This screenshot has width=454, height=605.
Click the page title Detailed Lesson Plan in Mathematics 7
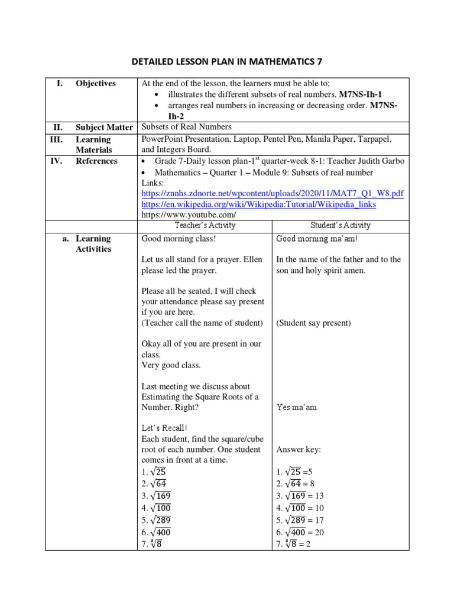coord(226,61)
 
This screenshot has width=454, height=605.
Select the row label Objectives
coord(95,83)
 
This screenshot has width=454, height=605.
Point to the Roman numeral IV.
coord(59,161)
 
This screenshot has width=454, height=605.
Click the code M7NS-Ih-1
coord(367,95)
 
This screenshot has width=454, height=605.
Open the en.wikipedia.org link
coord(259,204)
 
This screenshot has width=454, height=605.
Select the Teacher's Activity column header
coord(205,225)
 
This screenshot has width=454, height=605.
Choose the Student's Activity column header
coord(340,225)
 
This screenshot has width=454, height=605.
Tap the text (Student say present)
coord(313,323)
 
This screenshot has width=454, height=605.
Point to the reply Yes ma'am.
coord(297,407)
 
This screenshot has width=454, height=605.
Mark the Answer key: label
coord(299,449)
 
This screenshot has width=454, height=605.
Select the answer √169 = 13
coord(300,495)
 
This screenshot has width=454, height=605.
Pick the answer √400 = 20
coord(300,532)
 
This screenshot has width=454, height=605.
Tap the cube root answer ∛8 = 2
coord(293,544)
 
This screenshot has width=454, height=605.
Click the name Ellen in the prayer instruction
coord(251,259)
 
